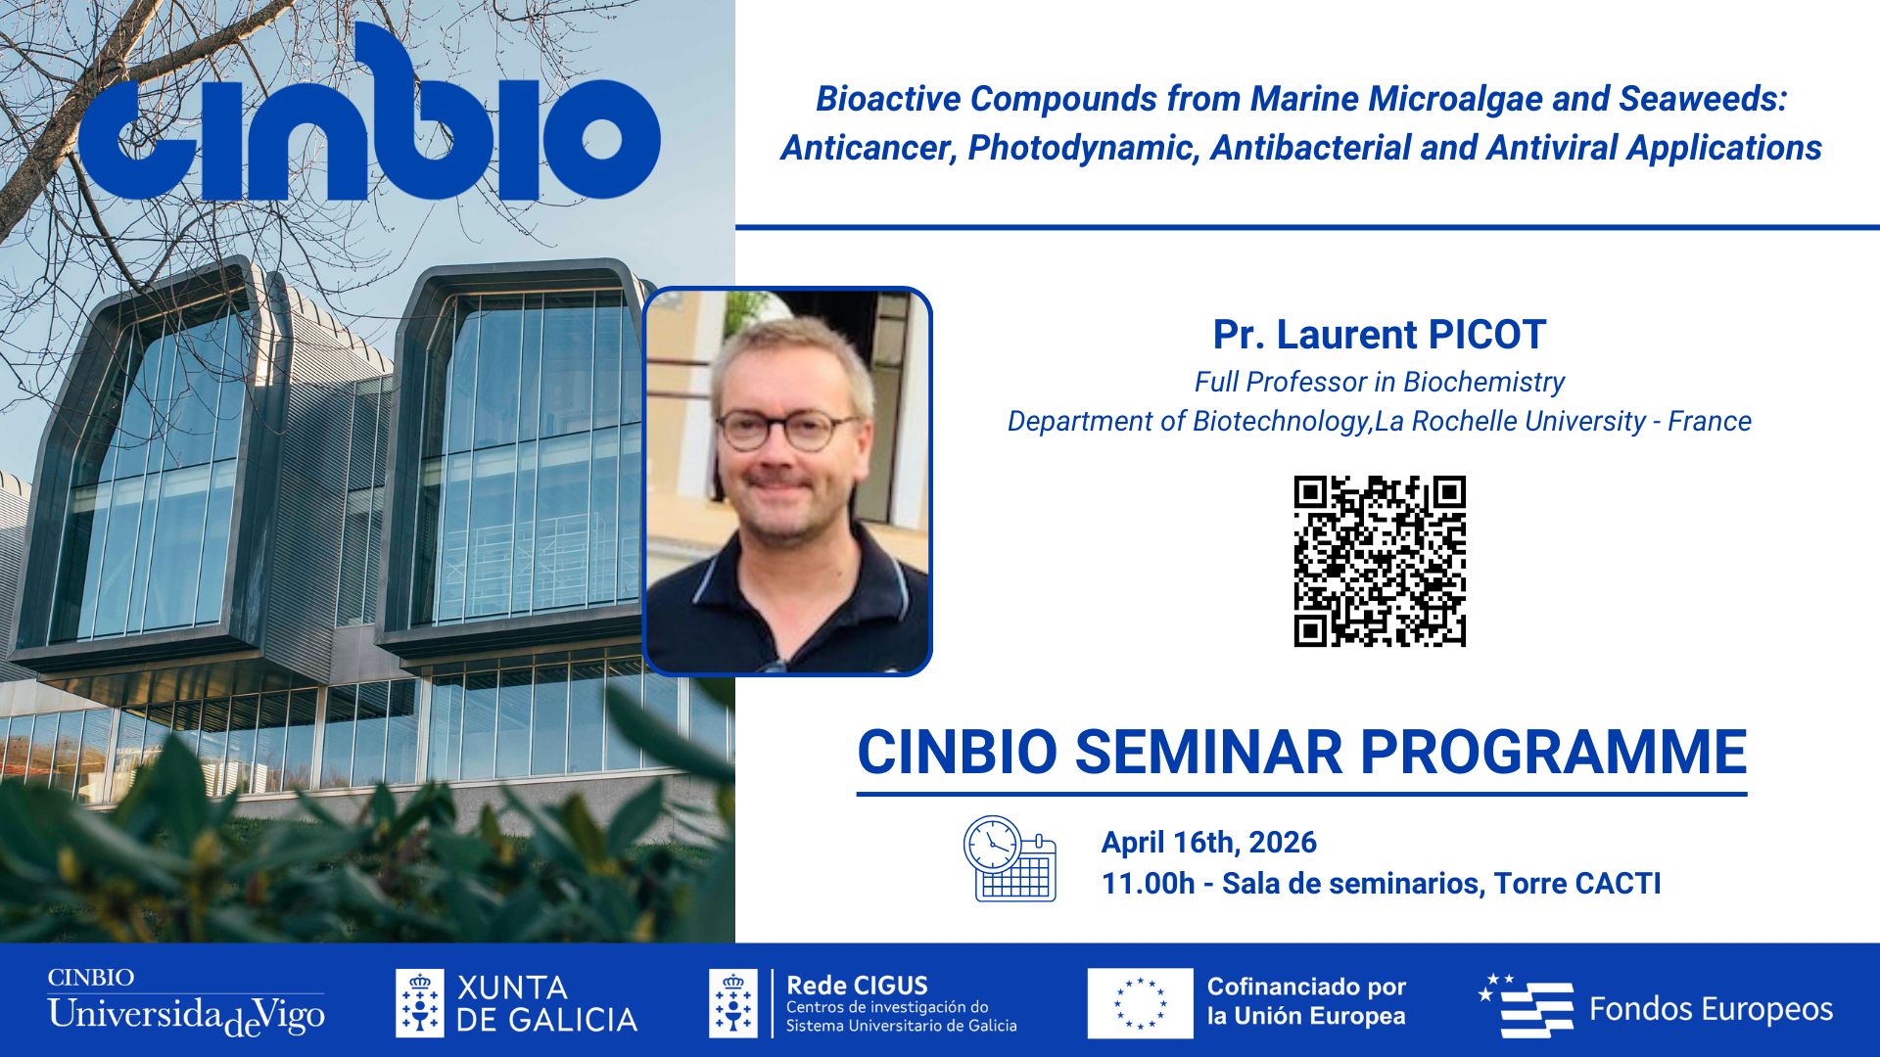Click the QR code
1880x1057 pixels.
point(1380,562)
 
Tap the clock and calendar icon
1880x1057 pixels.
point(1010,858)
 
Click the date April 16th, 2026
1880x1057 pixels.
point(1208,843)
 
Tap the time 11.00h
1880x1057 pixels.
point(1148,884)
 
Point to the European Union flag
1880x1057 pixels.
point(1140,1003)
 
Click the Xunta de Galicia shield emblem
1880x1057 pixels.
point(419,1003)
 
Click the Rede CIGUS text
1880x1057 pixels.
point(857,986)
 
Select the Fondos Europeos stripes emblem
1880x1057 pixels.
point(1527,1006)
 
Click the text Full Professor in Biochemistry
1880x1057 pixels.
point(1379,382)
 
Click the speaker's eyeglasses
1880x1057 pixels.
point(785,429)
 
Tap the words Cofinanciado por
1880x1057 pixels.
point(1306,987)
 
